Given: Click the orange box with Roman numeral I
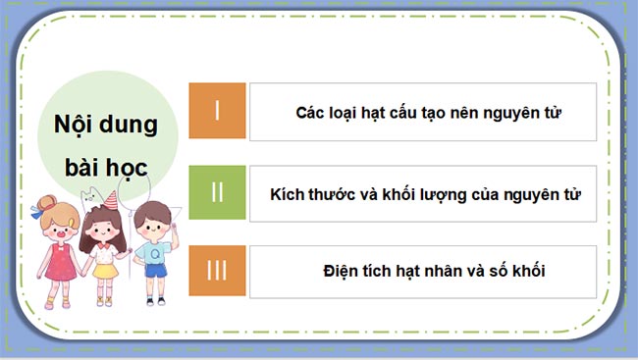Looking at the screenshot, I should pos(217,110).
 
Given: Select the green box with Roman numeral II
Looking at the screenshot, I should pos(217,192).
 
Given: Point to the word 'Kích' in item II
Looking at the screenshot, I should pos(288,193).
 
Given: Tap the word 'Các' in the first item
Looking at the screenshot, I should pos(311,112).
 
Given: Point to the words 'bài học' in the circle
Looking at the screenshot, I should pos(100,167).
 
